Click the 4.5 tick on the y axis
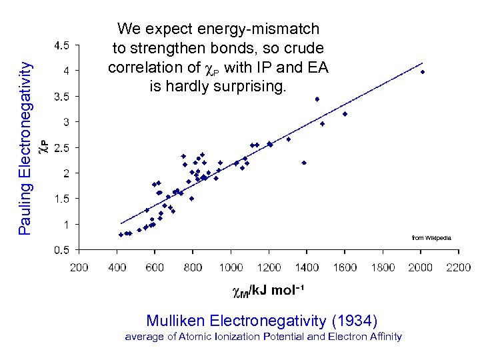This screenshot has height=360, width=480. pyautogui.click(x=61, y=45)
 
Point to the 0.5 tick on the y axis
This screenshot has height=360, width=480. pyautogui.click(x=61, y=250)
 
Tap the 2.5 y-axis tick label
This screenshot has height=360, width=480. pyautogui.click(x=61, y=147)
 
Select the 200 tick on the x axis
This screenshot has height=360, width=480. pyautogui.click(x=79, y=267)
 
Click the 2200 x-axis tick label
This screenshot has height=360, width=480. pyautogui.click(x=458, y=267)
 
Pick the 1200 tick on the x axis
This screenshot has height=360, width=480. pyautogui.click(x=269, y=267)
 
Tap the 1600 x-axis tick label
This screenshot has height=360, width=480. pyautogui.click(x=345, y=267)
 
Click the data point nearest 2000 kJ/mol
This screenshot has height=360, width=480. pyautogui.click(x=422, y=71)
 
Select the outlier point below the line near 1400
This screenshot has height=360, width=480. pyautogui.click(x=304, y=163)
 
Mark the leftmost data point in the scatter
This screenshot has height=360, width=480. pyautogui.click(x=121, y=235)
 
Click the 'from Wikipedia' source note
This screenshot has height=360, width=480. pyautogui.click(x=431, y=238)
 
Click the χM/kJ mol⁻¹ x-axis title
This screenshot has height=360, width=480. pyautogui.click(x=268, y=292)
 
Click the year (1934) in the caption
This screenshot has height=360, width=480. pyautogui.click(x=358, y=320)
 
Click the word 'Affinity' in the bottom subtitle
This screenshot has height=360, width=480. pyautogui.click(x=384, y=337)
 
